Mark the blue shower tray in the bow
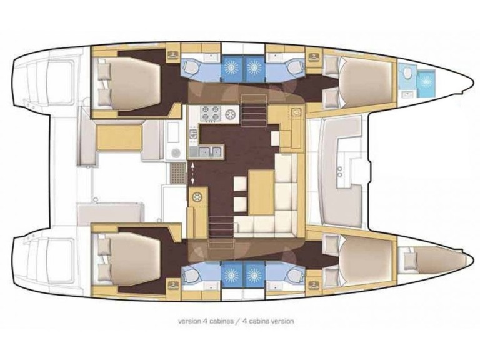point(427,80)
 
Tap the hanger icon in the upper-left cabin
point(172,56)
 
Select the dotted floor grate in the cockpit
point(178,170)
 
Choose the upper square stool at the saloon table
point(239,185)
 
